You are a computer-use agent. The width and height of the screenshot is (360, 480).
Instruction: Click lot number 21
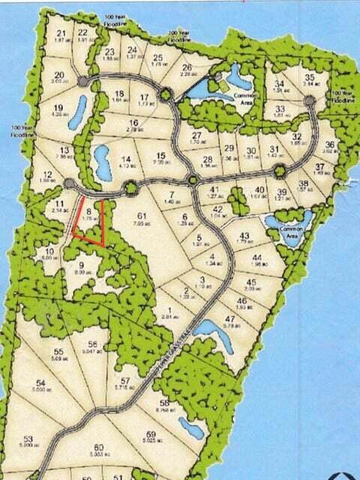click(x=61, y=34)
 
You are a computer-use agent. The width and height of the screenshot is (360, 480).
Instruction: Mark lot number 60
click(x=99, y=448)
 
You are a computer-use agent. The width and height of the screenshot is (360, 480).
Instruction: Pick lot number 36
click(x=328, y=145)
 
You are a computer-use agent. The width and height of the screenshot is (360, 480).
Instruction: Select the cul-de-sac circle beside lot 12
click(x=69, y=184)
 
